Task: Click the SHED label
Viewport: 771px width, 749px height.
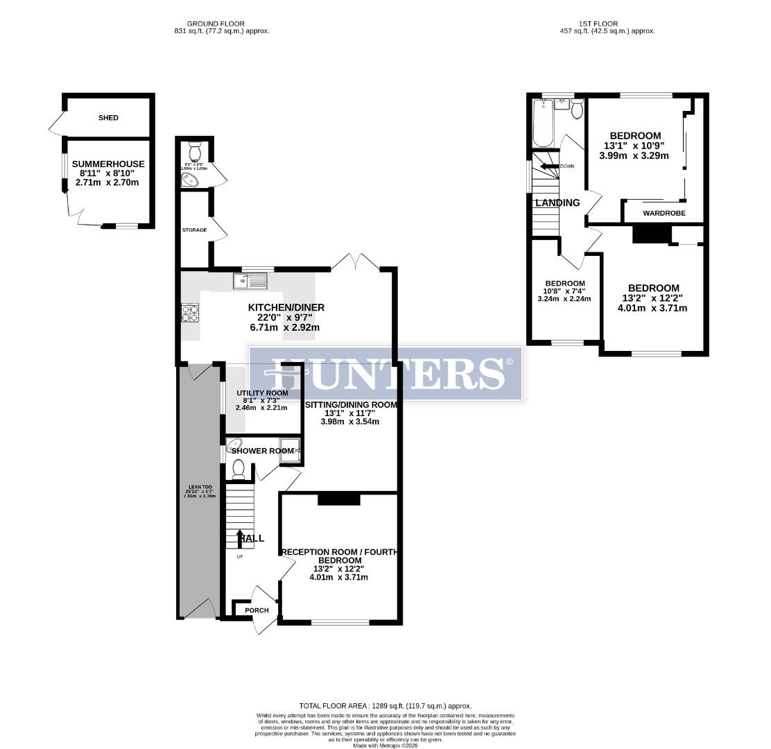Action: [107, 118]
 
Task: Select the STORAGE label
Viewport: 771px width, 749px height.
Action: [194, 230]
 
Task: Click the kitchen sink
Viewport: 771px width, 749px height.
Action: [250, 281]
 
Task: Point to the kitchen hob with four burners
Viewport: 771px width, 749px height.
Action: [190, 313]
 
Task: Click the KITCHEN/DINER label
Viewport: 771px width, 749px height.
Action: [286, 307]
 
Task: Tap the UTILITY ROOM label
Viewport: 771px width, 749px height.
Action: [262, 393]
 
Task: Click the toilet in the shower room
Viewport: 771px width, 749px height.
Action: [239, 470]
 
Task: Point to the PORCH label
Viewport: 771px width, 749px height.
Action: [257, 610]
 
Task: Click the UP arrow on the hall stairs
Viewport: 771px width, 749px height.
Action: [241, 537]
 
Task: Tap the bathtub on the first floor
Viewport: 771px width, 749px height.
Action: [543, 123]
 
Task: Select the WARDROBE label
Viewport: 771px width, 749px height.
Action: [664, 213]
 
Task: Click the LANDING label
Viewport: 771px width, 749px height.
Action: [557, 203]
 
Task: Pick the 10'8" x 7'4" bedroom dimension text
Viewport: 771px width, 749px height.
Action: [564, 291]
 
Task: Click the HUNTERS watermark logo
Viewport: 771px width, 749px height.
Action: [385, 373]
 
